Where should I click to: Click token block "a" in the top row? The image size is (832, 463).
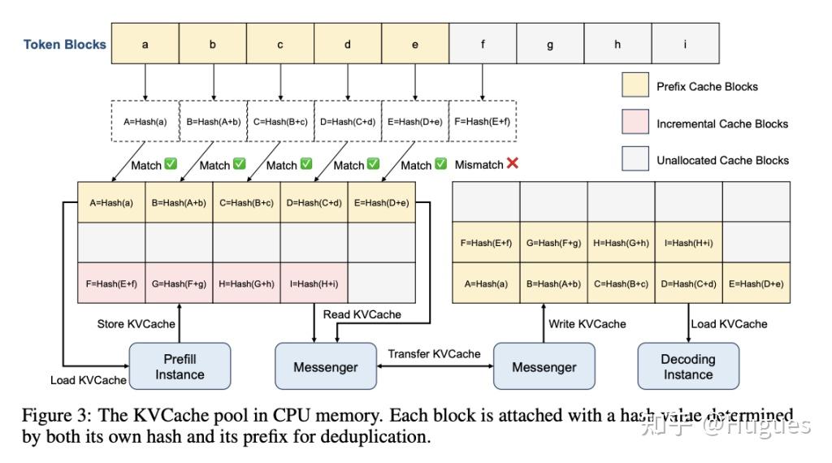click(x=145, y=44)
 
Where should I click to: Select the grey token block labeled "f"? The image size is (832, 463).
click(x=483, y=44)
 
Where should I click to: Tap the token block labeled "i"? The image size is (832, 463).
click(x=685, y=44)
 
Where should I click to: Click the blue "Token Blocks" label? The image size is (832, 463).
click(x=65, y=45)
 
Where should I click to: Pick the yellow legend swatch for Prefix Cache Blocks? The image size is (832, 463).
click(x=635, y=86)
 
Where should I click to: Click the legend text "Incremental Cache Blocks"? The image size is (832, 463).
click(x=722, y=123)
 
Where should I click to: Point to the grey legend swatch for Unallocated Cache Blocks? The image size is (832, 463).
click(x=635, y=160)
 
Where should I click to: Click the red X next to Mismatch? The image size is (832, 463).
click(x=513, y=163)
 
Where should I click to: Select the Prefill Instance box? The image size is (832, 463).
click(x=180, y=366)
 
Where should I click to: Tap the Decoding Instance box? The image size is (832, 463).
click(x=688, y=366)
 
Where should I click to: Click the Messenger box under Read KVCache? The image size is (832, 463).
click(x=326, y=366)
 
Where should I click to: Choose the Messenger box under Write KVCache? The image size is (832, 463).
click(x=544, y=366)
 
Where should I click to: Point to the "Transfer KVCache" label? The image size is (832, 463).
click(x=434, y=353)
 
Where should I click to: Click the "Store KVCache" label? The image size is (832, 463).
click(x=136, y=323)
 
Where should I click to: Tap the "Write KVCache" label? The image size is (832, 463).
click(x=587, y=323)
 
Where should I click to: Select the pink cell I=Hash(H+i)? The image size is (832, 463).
click(x=314, y=283)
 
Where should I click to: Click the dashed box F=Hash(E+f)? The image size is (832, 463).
click(x=483, y=123)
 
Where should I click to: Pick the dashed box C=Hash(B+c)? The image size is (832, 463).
click(x=280, y=123)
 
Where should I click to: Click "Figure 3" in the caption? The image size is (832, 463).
click(x=56, y=416)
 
